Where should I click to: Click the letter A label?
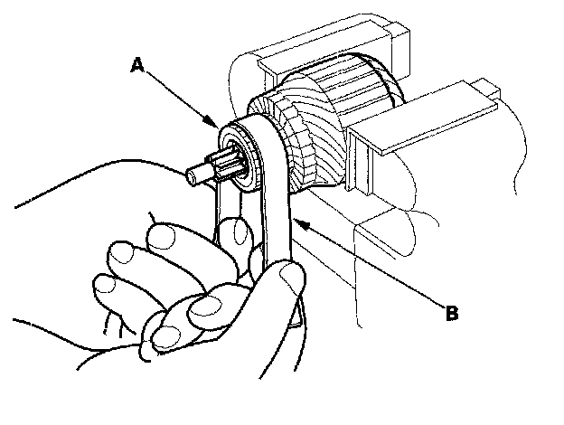(136, 64)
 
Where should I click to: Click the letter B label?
(451, 314)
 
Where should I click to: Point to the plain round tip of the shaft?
(193, 175)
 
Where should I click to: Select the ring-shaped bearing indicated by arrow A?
(235, 149)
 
